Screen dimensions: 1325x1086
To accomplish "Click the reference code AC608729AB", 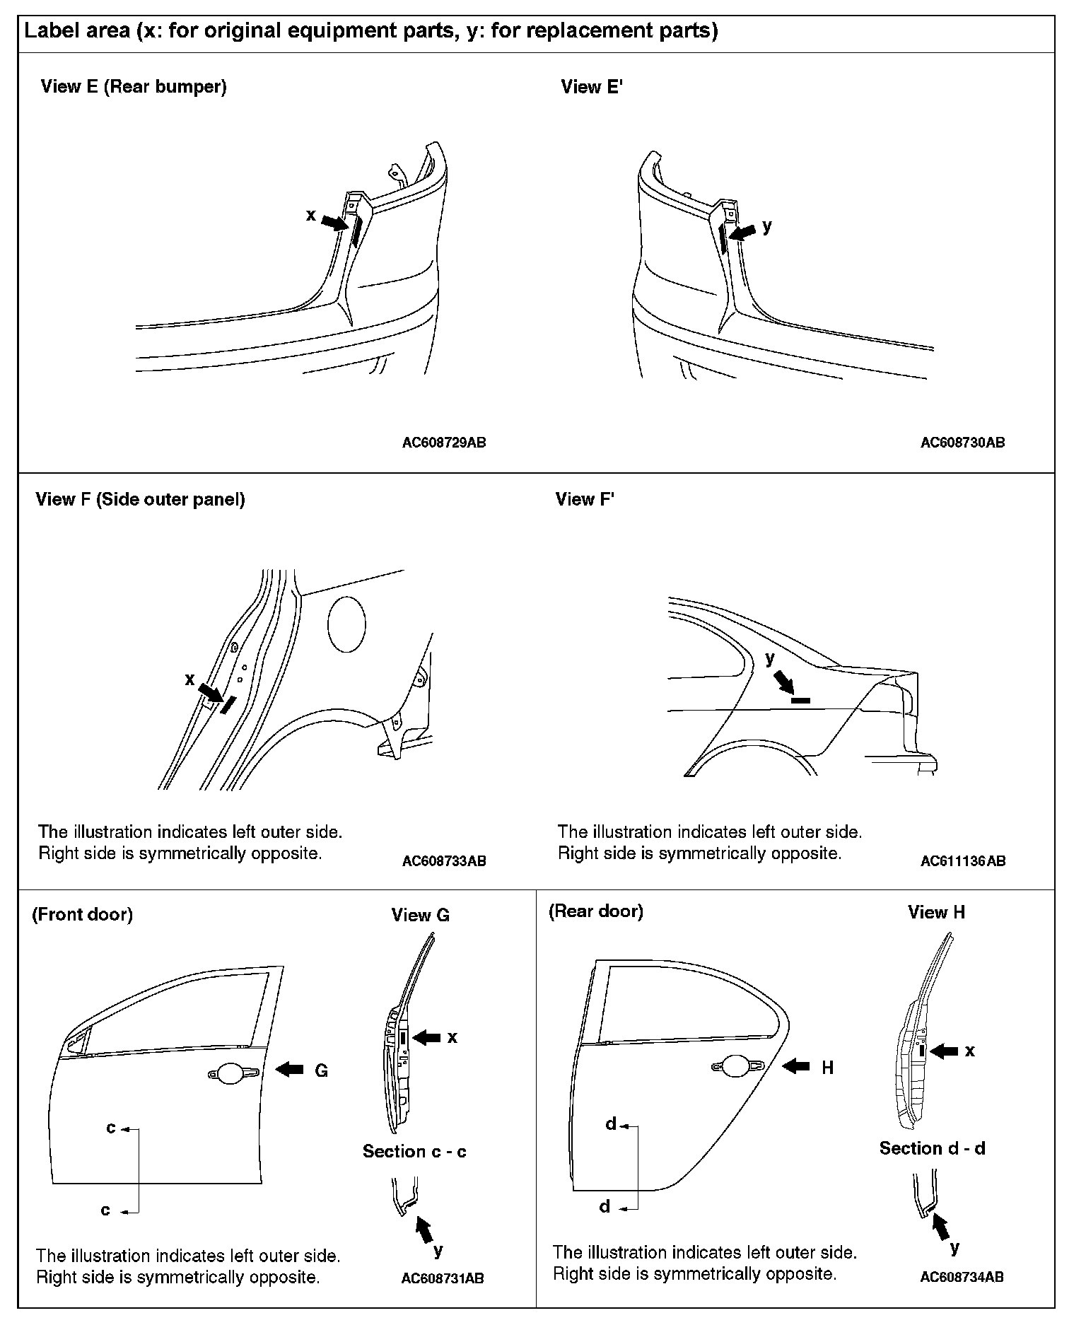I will coord(444,443).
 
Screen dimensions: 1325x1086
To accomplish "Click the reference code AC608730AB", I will coord(962,443).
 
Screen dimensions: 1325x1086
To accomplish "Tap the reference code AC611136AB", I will coord(962,861).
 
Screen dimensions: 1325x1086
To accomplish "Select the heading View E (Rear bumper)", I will coord(134,87).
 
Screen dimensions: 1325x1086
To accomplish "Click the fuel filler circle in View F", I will coord(346,624).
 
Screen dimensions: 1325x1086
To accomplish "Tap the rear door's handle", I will coord(736,1066).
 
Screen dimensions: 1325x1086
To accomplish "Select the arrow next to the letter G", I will coord(289,1070).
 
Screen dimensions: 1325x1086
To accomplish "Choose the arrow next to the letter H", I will coord(796,1066).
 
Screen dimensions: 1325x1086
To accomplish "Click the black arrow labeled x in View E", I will coord(335,222).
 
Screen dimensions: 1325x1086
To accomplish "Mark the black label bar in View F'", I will coord(800,700).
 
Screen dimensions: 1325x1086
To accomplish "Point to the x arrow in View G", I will coord(426,1037).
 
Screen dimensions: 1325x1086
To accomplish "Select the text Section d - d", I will coord(932,1148).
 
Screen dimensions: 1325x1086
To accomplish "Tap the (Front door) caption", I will coord(82,914).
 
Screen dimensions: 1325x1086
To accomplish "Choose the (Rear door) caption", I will coord(596,911).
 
